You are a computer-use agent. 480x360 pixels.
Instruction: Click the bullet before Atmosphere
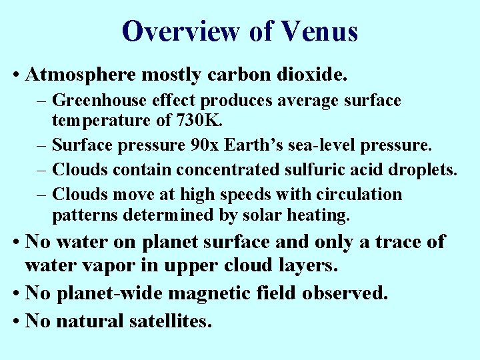coord(15,75)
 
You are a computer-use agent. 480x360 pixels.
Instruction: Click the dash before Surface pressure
coord(43,144)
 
